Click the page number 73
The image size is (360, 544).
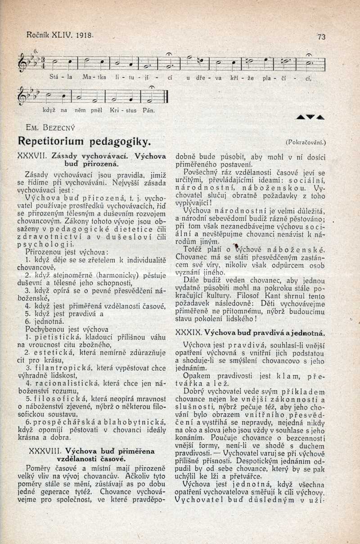321,37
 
